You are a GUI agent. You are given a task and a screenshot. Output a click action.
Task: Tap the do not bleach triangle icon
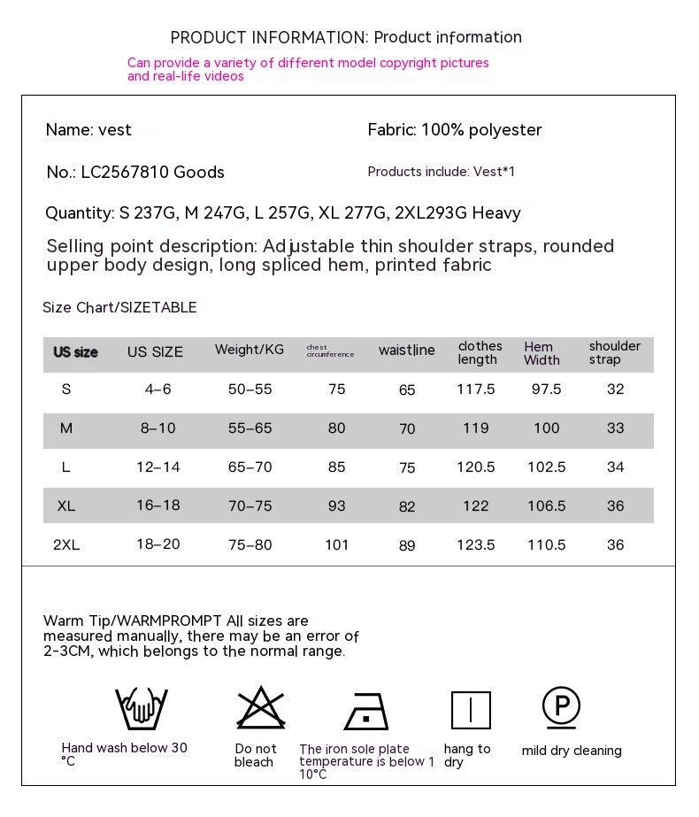coord(261,709)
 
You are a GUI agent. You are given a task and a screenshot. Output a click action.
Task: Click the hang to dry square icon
coord(471,710)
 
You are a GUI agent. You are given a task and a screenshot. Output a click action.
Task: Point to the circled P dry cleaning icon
coord(561,707)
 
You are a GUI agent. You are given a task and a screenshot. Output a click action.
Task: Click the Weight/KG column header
coord(250,350)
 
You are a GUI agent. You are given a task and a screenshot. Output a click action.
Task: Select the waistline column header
coord(407,351)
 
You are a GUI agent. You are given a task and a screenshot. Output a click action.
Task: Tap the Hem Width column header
coord(542,353)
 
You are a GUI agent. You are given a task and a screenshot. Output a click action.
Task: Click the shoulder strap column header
coord(615,352)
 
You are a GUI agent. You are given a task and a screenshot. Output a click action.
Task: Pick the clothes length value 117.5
coord(476,389)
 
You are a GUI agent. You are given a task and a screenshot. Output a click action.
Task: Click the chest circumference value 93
coord(337,505)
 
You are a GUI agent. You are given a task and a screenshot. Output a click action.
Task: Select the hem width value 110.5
coord(547,545)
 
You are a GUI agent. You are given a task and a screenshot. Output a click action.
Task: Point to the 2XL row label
coord(66,545)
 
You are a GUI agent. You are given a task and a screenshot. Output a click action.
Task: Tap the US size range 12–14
coord(158,466)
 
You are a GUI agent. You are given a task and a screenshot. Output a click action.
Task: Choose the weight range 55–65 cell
coord(250,428)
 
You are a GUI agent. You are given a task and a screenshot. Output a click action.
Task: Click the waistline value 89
coord(407,546)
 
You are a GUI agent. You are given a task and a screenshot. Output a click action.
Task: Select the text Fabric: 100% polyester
coord(455,130)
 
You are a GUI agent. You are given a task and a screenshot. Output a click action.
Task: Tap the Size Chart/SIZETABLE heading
coord(119,308)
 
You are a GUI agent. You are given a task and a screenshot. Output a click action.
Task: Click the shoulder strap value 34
coord(616,466)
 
